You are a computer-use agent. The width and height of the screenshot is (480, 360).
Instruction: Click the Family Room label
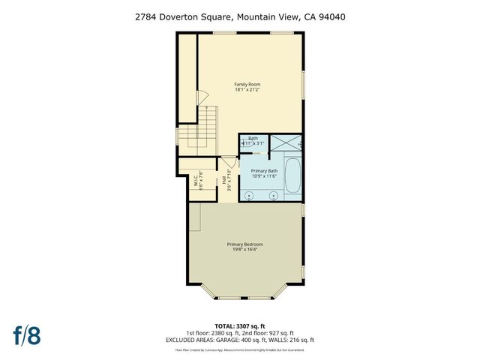[247, 84]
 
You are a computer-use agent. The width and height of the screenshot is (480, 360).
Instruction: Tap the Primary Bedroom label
[247, 244]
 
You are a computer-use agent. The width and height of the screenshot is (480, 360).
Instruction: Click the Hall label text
[224, 181]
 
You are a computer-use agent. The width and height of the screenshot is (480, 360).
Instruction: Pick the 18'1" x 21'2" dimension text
[247, 90]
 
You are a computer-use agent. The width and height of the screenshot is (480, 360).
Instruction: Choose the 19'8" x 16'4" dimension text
[247, 250]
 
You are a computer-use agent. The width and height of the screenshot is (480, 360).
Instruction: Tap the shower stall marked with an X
[283, 142]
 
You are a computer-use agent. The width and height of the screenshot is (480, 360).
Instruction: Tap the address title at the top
[240, 16]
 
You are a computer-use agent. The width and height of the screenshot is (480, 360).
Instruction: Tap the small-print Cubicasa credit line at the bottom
[240, 349]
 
